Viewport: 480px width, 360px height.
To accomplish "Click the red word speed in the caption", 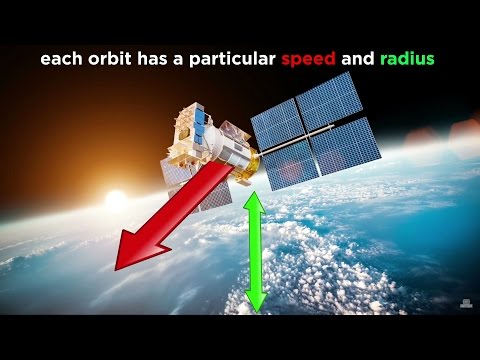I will click(x=308, y=60).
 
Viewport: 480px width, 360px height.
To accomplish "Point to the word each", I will click(x=59, y=60).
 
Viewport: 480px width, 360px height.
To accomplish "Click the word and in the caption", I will click(x=356, y=60).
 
